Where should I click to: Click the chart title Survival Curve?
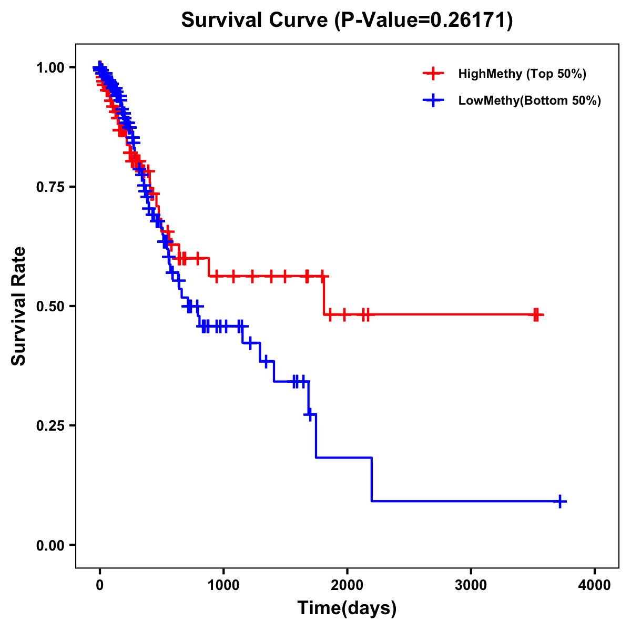point(256,20)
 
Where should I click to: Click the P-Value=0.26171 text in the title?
point(424,21)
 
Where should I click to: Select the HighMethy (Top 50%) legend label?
point(522,74)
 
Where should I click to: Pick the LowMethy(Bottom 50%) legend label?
point(529,100)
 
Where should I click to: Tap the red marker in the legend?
point(433,74)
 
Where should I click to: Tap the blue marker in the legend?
point(433,100)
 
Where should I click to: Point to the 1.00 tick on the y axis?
point(51,68)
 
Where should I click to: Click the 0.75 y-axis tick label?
point(51,187)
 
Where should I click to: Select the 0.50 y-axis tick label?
point(51,307)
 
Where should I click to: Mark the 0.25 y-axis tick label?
point(51,426)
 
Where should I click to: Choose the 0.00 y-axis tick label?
point(51,545)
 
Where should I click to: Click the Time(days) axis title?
point(347,608)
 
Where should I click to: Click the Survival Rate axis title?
point(19,306)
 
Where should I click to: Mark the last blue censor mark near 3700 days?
point(561,501)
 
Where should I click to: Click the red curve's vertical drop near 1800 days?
point(324,296)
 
